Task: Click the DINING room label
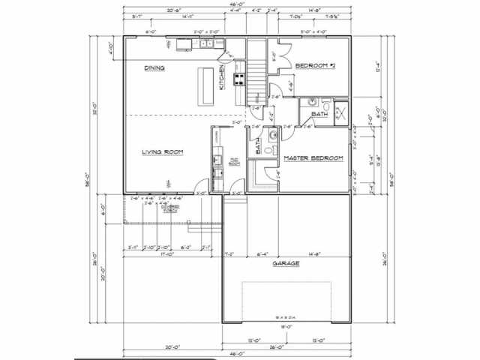[x=154, y=68]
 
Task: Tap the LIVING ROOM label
[x=163, y=152]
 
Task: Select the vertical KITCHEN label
[x=221, y=76]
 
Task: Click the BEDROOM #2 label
[x=314, y=67]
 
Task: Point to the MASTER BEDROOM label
[x=313, y=158]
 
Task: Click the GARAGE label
[x=286, y=264]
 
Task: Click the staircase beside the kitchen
[x=257, y=72]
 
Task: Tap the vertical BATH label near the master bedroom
[x=258, y=145]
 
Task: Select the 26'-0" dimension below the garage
[x=286, y=346]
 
